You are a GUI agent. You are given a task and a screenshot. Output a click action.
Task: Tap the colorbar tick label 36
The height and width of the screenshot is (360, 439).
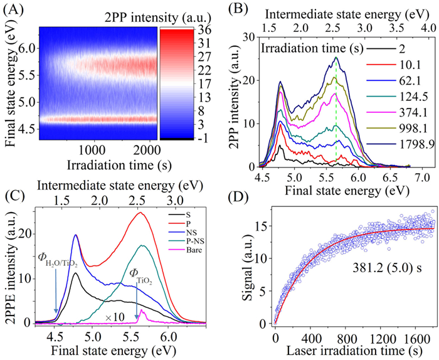(205, 31)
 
